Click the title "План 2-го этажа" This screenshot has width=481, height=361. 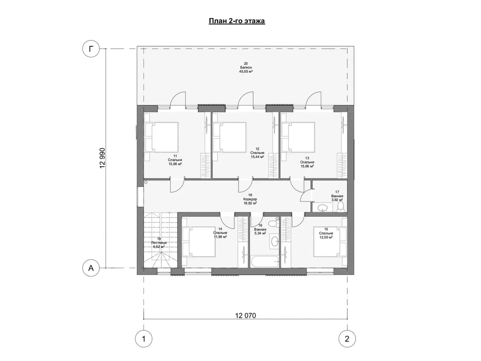click(237, 21)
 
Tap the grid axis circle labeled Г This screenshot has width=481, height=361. click(91, 49)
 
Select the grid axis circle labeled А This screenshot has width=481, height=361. click(91, 268)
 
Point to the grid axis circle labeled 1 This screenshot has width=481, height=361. click(144, 339)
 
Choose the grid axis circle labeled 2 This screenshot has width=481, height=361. click(347, 339)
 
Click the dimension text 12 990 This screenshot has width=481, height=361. click(102, 158)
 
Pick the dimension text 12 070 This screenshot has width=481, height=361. click(245, 315)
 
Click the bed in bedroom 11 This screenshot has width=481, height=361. click(162, 137)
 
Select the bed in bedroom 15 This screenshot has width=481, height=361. click(330, 242)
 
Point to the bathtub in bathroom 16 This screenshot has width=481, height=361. click(265, 261)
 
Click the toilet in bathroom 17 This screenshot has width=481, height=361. click(340, 207)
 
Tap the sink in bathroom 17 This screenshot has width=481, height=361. click(322, 207)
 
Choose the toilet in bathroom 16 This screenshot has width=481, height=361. click(273, 223)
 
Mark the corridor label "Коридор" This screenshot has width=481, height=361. click(250, 199)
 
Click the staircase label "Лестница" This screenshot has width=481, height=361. click(159, 243)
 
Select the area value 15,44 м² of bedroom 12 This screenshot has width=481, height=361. click(257, 156)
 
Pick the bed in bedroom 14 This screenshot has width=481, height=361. click(199, 242)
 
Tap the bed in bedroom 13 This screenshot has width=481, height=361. click(298, 137)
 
